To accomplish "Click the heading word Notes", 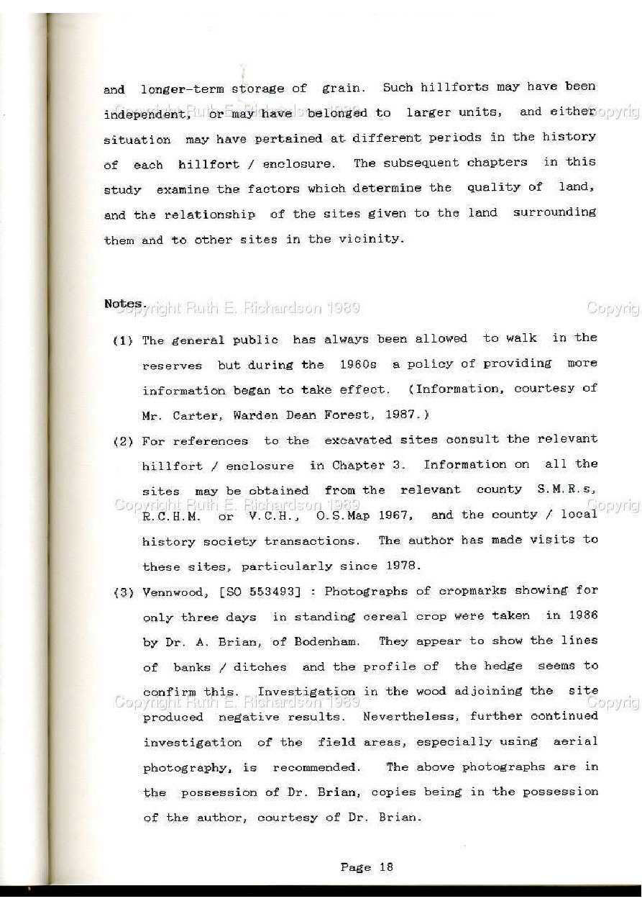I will (124, 304).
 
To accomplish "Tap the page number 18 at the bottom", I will (386, 867).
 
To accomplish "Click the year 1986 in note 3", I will (582, 615).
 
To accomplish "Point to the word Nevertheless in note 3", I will (412, 717).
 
